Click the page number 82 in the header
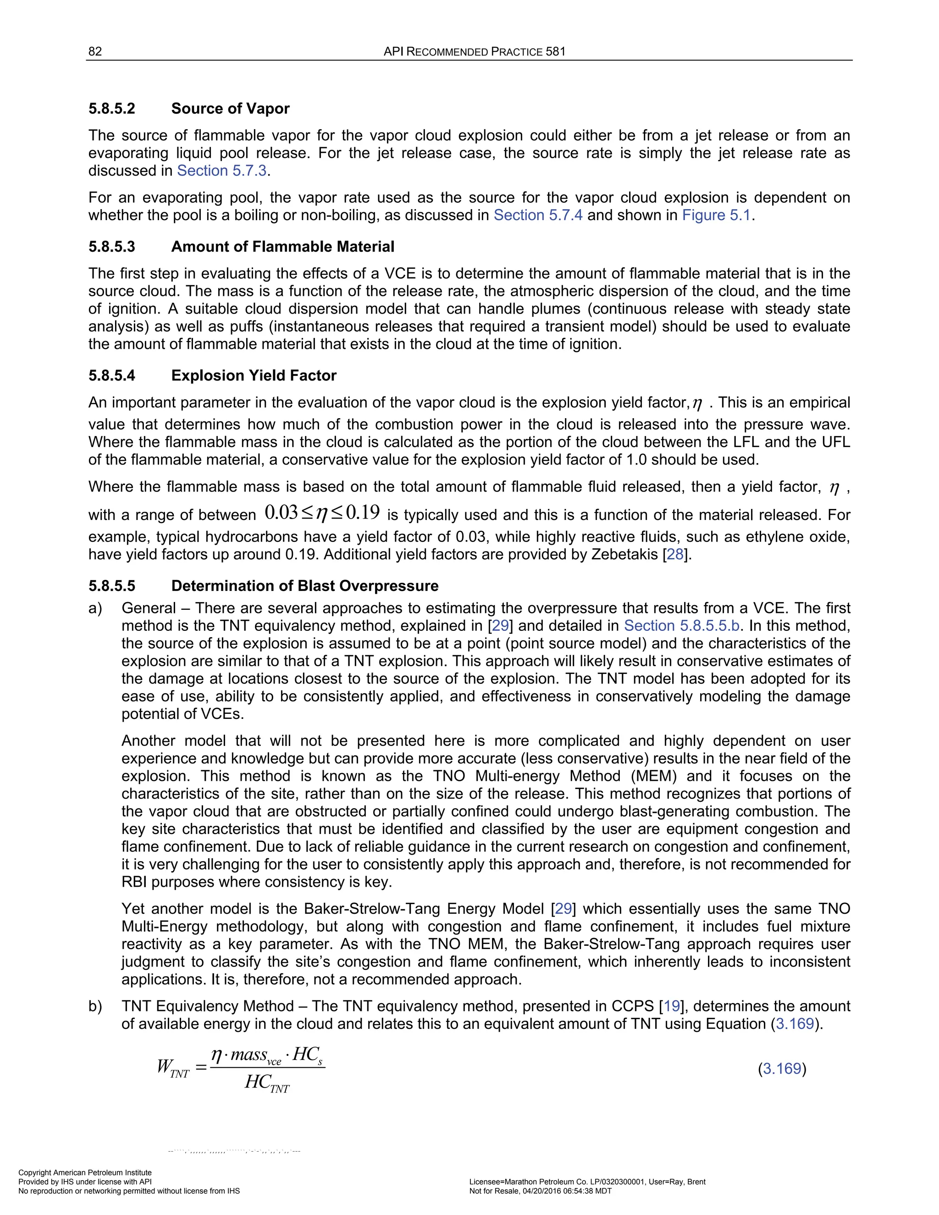[x=95, y=52]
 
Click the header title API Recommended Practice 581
[x=475, y=52]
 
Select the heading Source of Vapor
[x=230, y=109]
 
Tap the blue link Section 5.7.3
[x=222, y=171]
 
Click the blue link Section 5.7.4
[x=538, y=215]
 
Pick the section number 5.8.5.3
[x=111, y=247]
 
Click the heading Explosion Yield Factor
[x=254, y=376]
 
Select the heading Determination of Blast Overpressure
[x=304, y=586]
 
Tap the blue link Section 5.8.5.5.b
[x=681, y=626]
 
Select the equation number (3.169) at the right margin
[x=782, y=1069]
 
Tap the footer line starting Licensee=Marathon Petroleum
[x=587, y=1182]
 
